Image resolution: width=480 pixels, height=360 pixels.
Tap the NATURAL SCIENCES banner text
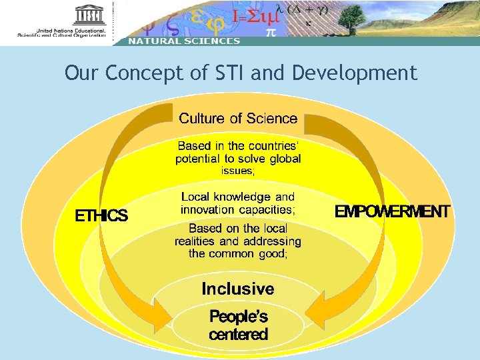coord(184,41)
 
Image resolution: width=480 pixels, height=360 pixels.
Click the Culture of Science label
coord(238,119)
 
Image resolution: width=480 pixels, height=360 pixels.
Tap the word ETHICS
coord(101,215)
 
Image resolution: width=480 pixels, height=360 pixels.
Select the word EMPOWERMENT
coord(392,212)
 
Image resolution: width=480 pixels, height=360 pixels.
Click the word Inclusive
coord(238,289)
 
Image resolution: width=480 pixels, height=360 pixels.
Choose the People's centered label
coord(238,325)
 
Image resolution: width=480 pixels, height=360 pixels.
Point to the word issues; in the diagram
coord(238,171)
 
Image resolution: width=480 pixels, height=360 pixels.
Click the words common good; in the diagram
coord(257,253)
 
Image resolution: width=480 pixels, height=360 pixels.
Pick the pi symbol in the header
coord(271,32)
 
